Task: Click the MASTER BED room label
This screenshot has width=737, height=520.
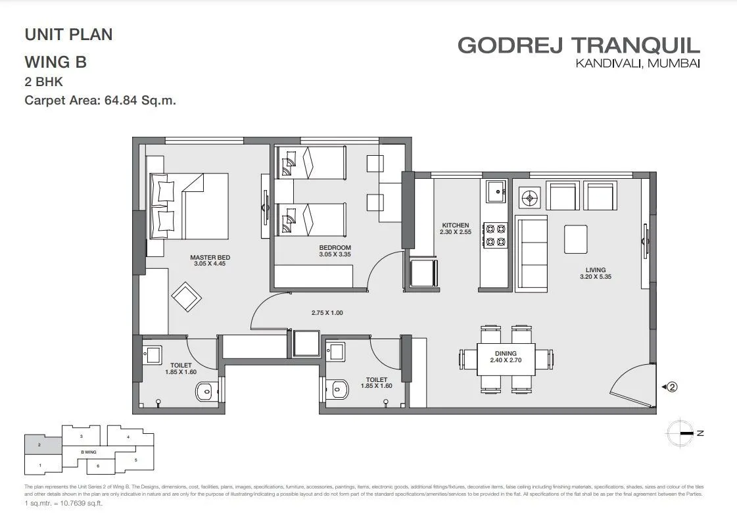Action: tap(210, 257)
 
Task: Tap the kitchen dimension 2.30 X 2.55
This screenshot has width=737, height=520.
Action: tap(455, 232)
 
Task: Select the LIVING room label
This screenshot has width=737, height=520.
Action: tap(596, 270)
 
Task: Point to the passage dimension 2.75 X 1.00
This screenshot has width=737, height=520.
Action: tap(327, 313)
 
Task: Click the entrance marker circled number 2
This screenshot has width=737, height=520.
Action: tap(672, 387)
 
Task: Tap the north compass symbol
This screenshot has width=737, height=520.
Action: tap(681, 433)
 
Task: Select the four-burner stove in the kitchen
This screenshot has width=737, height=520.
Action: tap(495, 235)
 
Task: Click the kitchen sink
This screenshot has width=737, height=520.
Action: tap(496, 192)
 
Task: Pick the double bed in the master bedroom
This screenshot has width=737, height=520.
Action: tap(189, 206)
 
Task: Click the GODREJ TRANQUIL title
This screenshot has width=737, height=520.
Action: tap(579, 45)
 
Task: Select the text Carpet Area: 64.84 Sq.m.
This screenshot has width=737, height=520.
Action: tap(101, 101)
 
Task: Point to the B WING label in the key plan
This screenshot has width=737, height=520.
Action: tap(88, 452)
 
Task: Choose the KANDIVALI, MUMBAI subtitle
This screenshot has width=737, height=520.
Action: tap(637, 64)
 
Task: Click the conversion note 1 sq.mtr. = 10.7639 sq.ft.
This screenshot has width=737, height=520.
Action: tap(64, 503)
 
